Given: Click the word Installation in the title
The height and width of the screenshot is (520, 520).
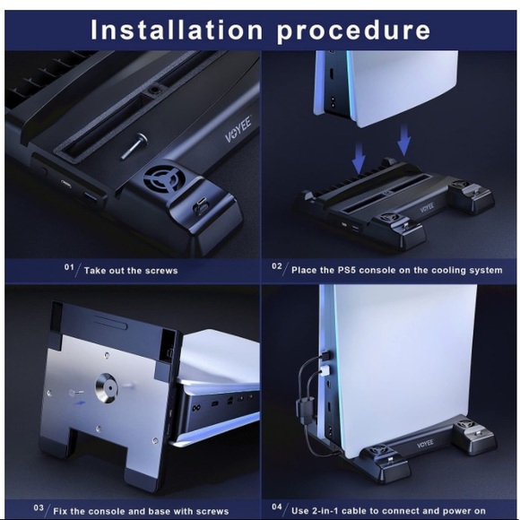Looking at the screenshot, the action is (178, 30).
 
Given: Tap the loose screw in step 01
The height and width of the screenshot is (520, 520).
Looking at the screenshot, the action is (134, 145).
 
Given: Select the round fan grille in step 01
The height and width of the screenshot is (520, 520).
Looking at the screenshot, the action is (162, 179).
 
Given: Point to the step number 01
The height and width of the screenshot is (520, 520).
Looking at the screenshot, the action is (69, 267).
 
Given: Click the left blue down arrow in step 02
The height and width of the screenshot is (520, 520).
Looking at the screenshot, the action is (359, 158).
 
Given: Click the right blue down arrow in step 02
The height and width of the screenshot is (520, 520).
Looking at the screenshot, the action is (403, 140).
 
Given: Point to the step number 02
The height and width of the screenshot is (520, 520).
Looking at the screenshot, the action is (277, 266).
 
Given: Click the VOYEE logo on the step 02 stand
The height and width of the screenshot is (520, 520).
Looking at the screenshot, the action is (427, 208).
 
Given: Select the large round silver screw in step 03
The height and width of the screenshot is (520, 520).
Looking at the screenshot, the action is (107, 387).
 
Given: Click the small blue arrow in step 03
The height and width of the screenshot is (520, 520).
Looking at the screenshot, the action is (80, 403).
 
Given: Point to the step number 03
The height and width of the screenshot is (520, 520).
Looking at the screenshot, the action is (39, 507).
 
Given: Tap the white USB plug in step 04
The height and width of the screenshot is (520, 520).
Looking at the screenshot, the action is (324, 370).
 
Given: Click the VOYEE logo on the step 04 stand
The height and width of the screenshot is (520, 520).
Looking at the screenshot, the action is (425, 444).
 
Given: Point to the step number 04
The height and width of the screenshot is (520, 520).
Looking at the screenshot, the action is (277, 507).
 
